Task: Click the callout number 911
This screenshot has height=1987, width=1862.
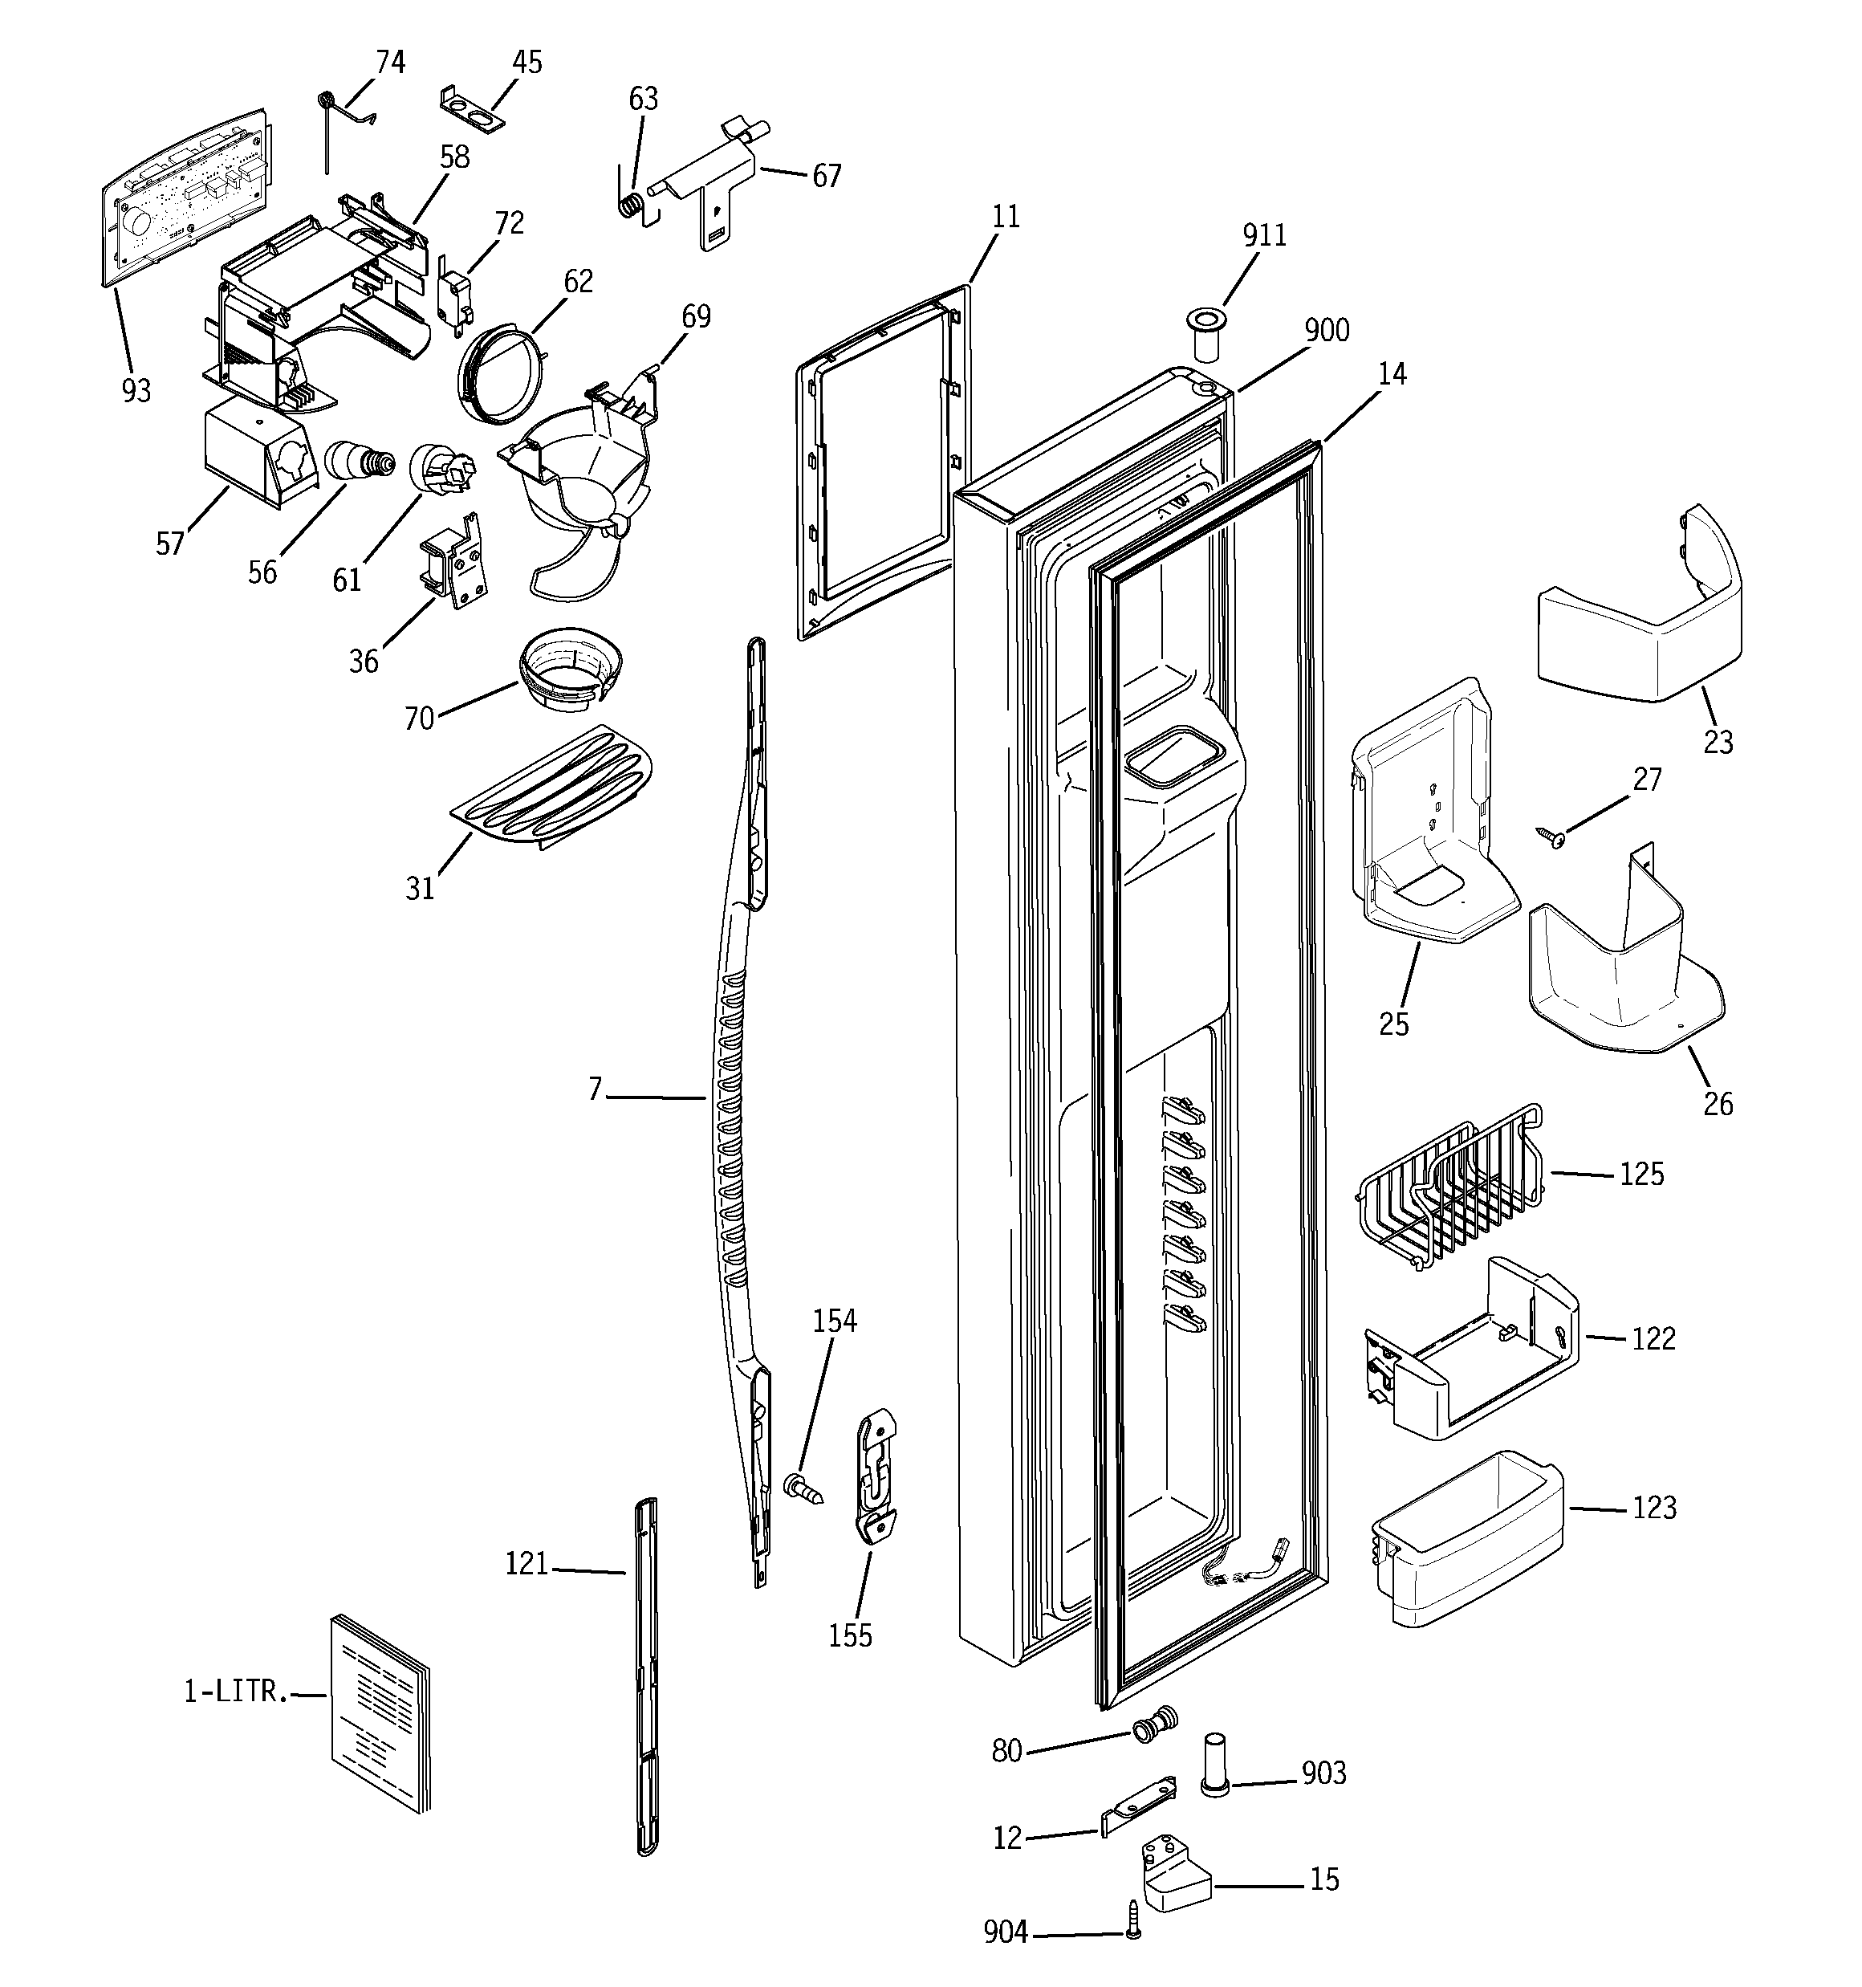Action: pyautogui.click(x=1263, y=235)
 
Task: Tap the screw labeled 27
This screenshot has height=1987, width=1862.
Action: pyautogui.click(x=1551, y=835)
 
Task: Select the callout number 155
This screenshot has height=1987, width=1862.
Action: pyautogui.click(x=850, y=1635)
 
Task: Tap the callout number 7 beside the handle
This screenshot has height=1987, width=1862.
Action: pyautogui.click(x=595, y=1089)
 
